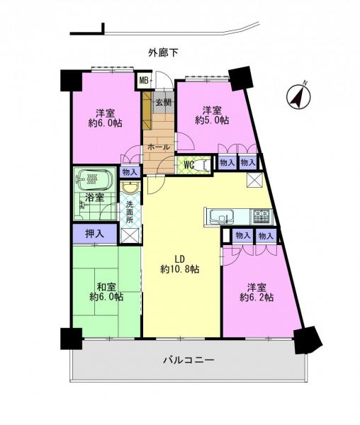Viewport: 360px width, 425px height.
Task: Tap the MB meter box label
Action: coord(143,80)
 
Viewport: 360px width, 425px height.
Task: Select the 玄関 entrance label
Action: coord(164,103)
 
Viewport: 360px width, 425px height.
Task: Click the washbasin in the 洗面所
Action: coord(130,187)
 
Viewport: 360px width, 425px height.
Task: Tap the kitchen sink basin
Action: coord(222,217)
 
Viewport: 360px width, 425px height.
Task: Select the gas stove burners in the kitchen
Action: coord(262,217)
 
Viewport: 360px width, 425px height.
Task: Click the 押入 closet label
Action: coord(95,233)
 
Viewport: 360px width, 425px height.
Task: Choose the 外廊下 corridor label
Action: coord(163,52)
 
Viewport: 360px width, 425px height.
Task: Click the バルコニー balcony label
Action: coord(189,361)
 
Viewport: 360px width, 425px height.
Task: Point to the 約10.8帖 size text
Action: coord(180,269)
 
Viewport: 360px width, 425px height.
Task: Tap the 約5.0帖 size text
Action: coord(212,120)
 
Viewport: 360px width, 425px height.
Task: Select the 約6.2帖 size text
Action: coord(257,297)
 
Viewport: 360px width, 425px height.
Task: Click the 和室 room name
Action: coord(106,287)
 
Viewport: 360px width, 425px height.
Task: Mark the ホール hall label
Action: coord(159,147)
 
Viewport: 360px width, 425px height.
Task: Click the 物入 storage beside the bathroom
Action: coord(130,172)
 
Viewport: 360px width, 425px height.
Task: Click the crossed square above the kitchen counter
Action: coord(254,180)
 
